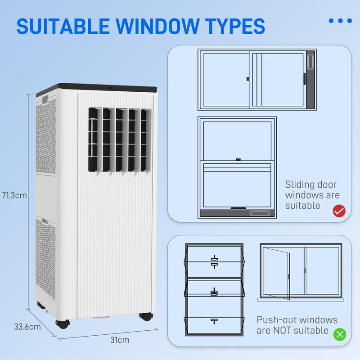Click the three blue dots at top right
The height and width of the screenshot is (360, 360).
(x=340, y=21)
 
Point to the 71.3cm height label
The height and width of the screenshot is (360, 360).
(x=14, y=196)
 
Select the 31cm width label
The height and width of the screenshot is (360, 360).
(x=120, y=340)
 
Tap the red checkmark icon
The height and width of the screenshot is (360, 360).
(x=339, y=211)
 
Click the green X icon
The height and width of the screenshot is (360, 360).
(x=340, y=334)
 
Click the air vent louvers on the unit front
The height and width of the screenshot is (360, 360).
(x=119, y=139)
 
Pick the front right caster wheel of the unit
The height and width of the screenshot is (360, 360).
(x=145, y=316)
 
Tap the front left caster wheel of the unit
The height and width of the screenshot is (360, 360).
(x=63, y=323)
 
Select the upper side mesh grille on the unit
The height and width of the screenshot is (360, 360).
(x=46, y=135)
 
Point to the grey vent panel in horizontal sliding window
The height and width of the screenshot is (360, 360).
(x=310, y=79)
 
